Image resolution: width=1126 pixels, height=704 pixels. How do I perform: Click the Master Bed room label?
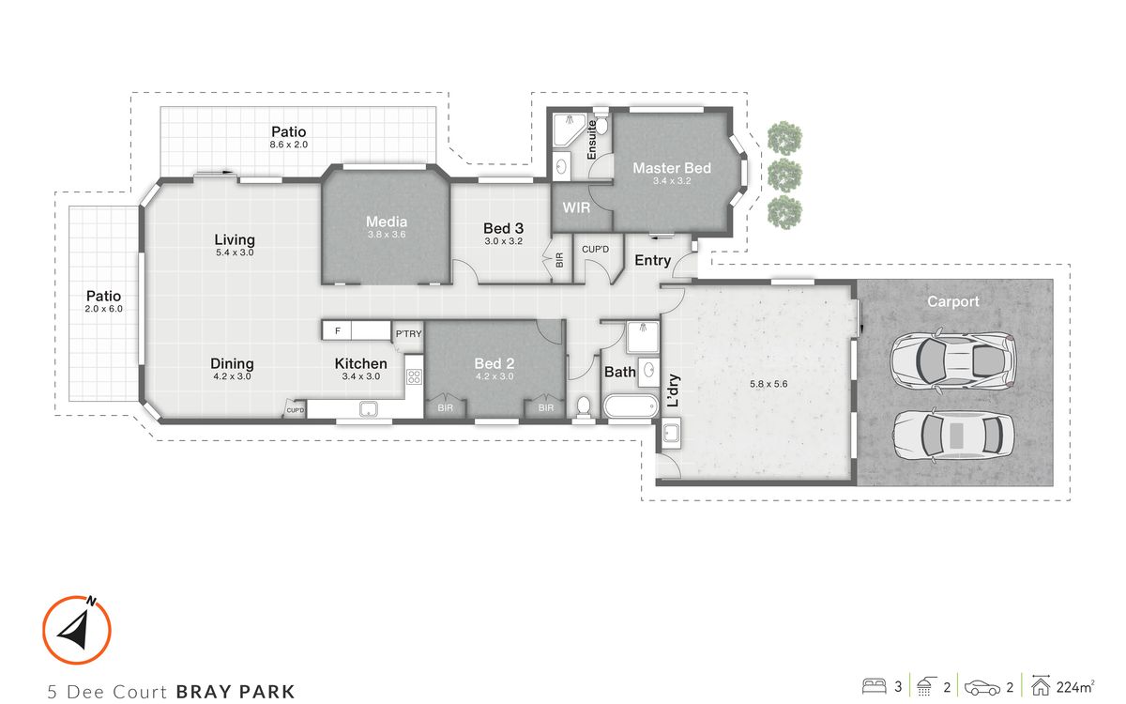tap(672, 168)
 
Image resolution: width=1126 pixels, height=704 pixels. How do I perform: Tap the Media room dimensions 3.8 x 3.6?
tap(386, 235)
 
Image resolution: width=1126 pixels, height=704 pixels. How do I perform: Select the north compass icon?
tap(76, 630)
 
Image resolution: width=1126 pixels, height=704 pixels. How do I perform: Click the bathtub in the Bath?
tap(631, 406)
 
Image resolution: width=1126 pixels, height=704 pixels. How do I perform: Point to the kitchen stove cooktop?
tap(414, 376)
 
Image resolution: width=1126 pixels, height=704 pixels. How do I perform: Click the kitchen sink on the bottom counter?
tap(369, 409)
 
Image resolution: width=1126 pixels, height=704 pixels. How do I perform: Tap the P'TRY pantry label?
tap(408, 334)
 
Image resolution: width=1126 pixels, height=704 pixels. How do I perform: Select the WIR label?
tap(576, 207)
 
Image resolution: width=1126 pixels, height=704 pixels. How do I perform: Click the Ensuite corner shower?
tap(570, 130)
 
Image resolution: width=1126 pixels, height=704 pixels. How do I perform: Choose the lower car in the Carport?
tap(953, 436)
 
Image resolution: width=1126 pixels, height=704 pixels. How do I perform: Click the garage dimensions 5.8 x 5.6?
tap(768, 384)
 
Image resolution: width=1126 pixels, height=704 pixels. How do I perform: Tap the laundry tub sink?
tap(671, 433)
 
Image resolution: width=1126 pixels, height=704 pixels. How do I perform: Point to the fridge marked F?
tap(337, 330)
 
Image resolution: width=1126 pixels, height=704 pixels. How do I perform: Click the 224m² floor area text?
tap(1075, 687)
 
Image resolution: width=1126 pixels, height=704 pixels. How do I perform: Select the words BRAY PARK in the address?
tap(236, 692)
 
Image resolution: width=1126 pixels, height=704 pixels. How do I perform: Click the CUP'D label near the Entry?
tap(595, 250)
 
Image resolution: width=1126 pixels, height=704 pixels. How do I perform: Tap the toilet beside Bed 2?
tap(583, 406)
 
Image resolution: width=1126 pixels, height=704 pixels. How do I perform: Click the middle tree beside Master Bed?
tap(784, 175)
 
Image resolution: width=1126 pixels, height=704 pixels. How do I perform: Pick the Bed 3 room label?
tap(503, 229)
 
